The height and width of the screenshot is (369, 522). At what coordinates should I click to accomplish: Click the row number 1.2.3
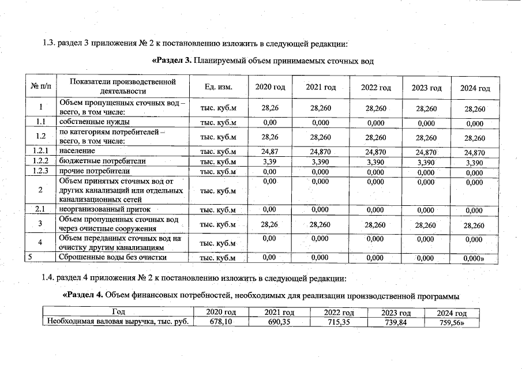[40, 171]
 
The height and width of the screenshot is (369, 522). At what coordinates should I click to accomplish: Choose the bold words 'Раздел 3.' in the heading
[171, 61]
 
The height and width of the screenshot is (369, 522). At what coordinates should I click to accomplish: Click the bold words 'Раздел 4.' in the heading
[83, 296]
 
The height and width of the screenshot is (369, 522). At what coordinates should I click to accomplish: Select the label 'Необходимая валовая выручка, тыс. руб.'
[118, 322]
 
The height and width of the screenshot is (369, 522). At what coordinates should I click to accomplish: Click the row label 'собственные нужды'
[94, 122]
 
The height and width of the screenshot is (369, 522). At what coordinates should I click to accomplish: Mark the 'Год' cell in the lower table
[118, 312]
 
